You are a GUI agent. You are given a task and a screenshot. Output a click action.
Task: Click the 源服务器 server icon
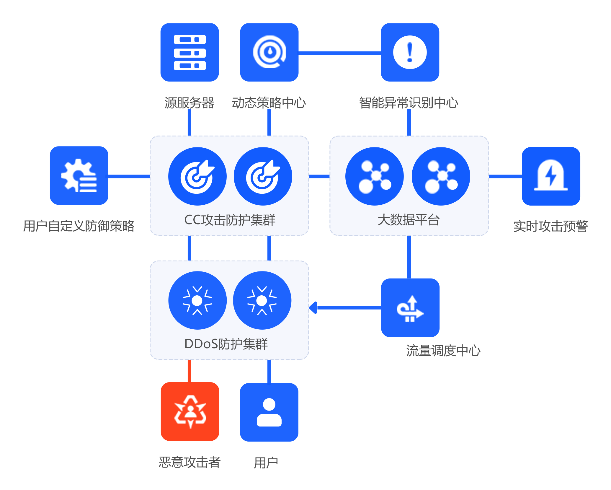pyautogui.click(x=189, y=52)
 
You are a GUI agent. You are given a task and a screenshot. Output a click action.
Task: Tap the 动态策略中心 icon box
pyautogui.click(x=269, y=52)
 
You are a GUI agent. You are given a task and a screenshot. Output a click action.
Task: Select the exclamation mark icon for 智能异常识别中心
pyautogui.click(x=410, y=52)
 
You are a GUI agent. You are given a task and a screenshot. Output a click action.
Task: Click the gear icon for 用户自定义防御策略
pyautogui.click(x=79, y=175)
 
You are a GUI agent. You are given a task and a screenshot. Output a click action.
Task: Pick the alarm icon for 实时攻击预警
pyautogui.click(x=551, y=176)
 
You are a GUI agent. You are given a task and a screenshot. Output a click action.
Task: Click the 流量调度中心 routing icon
pyautogui.click(x=410, y=307)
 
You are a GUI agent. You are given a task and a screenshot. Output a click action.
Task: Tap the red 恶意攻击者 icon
pyautogui.click(x=190, y=411)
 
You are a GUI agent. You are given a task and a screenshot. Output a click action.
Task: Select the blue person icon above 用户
pyautogui.click(x=269, y=412)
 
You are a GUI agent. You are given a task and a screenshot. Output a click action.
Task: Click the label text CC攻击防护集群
pyautogui.click(x=230, y=220)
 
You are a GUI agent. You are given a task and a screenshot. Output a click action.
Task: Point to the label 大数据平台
pyautogui.click(x=409, y=220)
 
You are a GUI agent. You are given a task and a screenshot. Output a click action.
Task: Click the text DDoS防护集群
pyautogui.click(x=226, y=344)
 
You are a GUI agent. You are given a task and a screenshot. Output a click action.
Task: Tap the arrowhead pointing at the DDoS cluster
pyautogui.click(x=313, y=307)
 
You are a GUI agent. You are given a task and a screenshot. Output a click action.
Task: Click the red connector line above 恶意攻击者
pyautogui.click(x=189, y=371)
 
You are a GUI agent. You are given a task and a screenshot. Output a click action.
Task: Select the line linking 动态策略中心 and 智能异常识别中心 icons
pyautogui.click(x=339, y=53)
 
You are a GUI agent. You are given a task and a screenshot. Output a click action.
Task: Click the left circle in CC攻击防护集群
pyautogui.click(x=197, y=176)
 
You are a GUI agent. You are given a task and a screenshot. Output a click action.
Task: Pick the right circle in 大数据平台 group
pyautogui.click(x=441, y=176)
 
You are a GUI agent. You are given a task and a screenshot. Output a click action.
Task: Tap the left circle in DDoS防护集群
pyautogui.click(x=197, y=300)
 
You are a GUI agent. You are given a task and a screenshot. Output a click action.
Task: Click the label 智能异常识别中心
pyautogui.click(x=409, y=103)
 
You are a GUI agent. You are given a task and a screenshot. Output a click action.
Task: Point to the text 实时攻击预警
pyautogui.click(x=550, y=226)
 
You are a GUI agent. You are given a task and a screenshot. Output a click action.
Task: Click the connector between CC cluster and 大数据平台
pyautogui.click(x=319, y=176)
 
